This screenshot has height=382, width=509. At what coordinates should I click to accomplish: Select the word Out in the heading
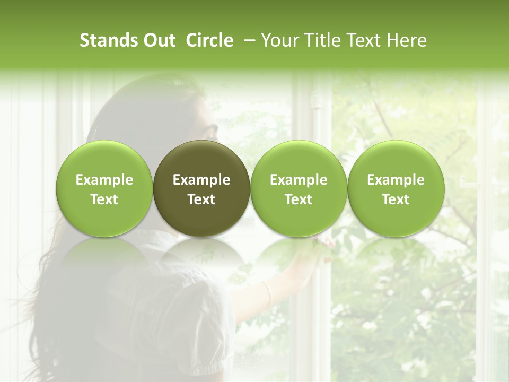click(x=159, y=40)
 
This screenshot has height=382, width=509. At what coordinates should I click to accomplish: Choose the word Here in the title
click(x=407, y=40)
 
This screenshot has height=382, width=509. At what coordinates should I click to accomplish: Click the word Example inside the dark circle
click(x=201, y=180)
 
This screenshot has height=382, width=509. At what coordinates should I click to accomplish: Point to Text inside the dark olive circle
click(x=201, y=199)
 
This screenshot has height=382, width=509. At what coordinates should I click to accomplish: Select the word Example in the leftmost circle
click(x=104, y=180)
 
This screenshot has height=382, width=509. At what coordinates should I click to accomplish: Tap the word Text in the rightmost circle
click(x=396, y=199)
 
